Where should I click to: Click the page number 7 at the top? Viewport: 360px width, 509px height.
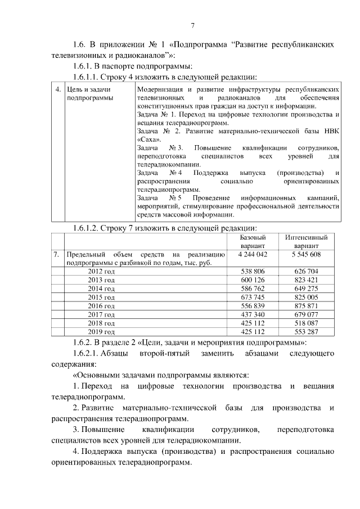click(x=193, y=25)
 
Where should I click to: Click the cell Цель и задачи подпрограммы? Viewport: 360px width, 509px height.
click(x=89, y=93)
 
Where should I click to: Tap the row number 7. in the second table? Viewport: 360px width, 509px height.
click(x=57, y=255)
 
